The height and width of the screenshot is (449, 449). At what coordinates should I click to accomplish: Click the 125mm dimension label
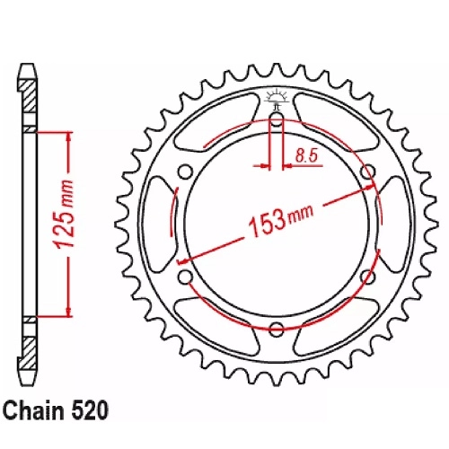click(x=64, y=214)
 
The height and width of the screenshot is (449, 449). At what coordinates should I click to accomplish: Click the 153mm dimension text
click(x=281, y=219)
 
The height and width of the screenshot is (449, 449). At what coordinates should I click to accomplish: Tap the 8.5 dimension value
click(x=306, y=155)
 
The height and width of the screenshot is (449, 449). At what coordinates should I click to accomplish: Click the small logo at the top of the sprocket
click(x=277, y=98)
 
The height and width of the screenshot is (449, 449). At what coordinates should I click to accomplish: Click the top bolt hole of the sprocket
click(x=277, y=118)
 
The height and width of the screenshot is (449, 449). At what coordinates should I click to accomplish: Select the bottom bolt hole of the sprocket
click(x=277, y=330)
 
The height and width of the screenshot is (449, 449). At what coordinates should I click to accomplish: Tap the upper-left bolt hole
click(x=185, y=172)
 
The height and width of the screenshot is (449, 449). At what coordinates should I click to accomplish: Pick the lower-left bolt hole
click(x=185, y=277)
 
